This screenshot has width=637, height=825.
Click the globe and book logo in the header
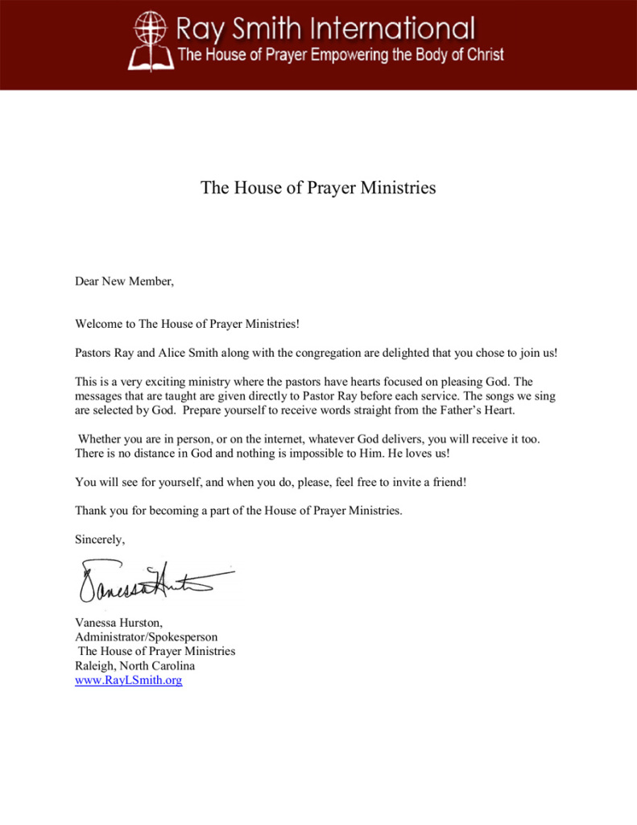tap(149, 40)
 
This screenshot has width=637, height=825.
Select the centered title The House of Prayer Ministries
tap(318, 188)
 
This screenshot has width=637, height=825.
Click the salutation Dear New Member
tap(124, 281)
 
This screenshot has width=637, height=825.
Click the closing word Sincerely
tap(100, 539)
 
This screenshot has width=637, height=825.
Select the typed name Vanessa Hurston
tap(118, 622)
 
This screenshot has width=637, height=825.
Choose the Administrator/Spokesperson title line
tap(146, 636)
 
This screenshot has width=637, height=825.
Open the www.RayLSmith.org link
tap(128, 680)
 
